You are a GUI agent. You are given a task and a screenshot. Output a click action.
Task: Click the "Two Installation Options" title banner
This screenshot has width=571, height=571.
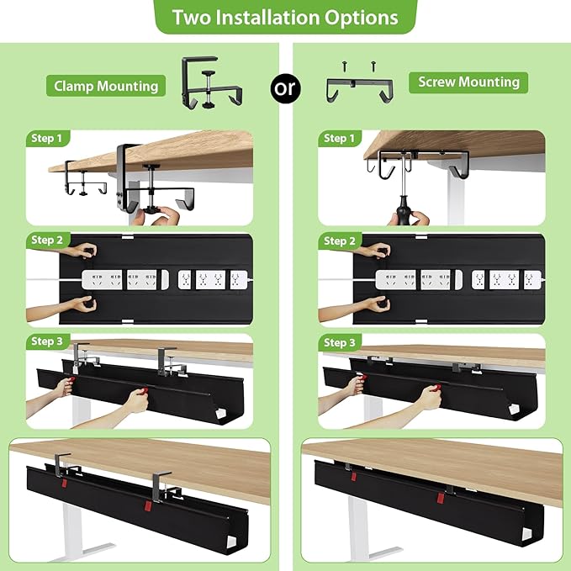[x=285, y=17]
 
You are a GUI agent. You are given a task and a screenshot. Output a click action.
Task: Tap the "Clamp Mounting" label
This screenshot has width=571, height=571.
[x=106, y=86]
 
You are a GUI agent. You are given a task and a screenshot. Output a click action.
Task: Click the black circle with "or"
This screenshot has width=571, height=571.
[x=285, y=87]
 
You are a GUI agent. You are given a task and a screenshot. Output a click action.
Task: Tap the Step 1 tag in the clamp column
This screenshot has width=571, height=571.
[x=47, y=138]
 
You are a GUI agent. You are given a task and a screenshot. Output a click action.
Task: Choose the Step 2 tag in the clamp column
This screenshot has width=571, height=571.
[x=47, y=241]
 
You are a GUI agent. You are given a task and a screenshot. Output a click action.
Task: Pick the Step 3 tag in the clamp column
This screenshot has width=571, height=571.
[x=47, y=341]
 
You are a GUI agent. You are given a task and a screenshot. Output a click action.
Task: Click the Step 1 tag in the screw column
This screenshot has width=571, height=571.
[x=340, y=138]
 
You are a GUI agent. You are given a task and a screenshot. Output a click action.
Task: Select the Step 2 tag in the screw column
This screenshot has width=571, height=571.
[x=340, y=241]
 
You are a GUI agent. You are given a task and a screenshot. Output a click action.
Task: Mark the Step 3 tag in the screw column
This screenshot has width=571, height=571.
[x=340, y=342]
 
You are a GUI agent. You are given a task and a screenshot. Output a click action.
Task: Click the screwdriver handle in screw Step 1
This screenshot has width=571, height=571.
[x=408, y=212]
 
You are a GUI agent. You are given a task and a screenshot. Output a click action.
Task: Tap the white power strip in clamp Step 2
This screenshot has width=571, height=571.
[x=165, y=280]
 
